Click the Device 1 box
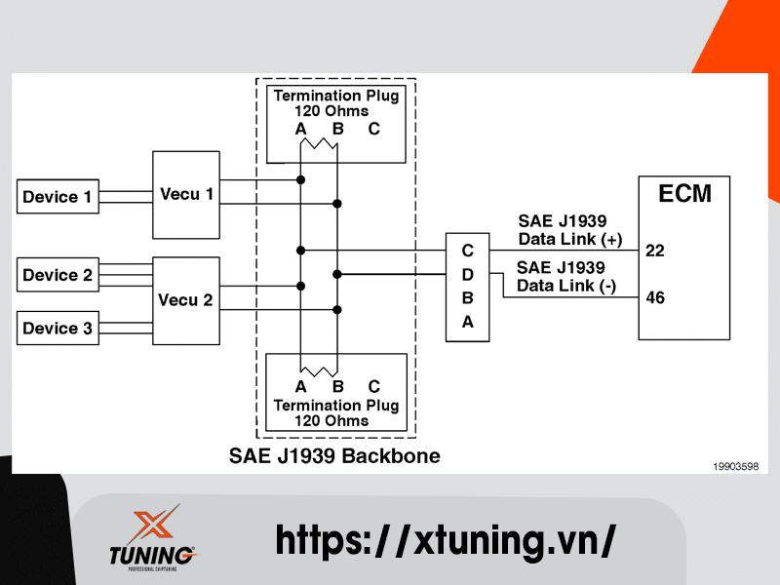(x=58, y=197)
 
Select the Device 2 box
(x=58, y=275)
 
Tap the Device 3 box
(x=58, y=329)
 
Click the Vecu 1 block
(x=186, y=193)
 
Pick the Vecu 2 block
(x=186, y=299)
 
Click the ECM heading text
(x=684, y=193)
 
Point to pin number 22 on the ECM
(x=654, y=251)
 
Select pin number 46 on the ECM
(x=654, y=297)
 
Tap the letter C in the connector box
(x=467, y=251)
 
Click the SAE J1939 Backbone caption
(x=334, y=455)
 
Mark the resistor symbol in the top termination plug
(x=319, y=146)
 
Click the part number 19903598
(x=735, y=467)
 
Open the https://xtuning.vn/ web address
(x=445, y=539)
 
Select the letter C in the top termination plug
(x=373, y=129)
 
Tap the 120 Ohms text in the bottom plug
(x=334, y=420)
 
